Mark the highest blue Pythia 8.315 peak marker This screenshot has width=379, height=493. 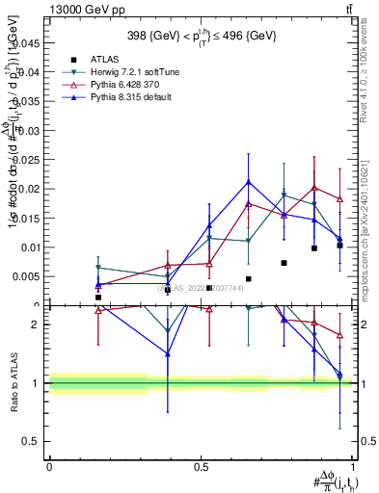tap(248, 181)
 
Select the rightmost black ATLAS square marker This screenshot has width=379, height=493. tap(339, 246)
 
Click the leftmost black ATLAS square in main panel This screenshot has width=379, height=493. tap(98, 298)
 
